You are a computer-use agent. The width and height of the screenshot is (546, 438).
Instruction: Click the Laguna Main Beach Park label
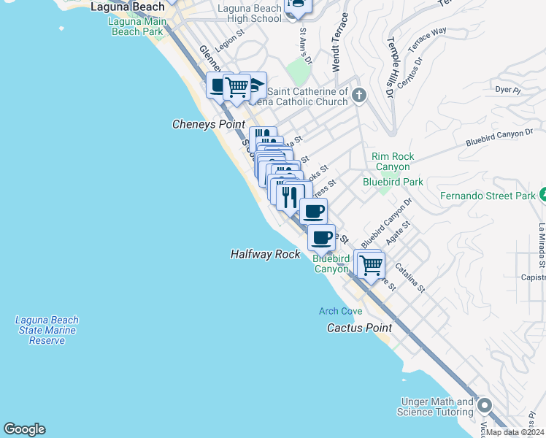(137, 26)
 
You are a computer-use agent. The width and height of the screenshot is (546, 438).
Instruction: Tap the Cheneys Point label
(208, 125)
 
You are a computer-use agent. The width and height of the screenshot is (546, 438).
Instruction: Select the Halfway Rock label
(265, 254)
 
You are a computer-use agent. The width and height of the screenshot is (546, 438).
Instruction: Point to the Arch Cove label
(340, 312)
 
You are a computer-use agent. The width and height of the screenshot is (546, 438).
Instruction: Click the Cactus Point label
(358, 328)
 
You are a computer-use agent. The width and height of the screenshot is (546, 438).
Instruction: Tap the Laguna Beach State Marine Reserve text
(47, 330)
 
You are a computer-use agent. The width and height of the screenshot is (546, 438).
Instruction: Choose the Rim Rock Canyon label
(393, 161)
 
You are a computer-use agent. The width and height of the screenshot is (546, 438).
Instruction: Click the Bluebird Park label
(393, 182)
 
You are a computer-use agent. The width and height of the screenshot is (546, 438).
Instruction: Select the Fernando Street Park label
(488, 196)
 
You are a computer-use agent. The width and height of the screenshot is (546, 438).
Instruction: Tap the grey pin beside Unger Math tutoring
(484, 405)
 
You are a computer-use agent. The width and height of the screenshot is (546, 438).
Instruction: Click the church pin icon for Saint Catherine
(358, 95)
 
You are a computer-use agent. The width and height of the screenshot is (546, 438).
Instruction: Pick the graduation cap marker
(254, 86)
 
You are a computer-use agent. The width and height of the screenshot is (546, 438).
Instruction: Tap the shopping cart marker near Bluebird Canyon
(371, 264)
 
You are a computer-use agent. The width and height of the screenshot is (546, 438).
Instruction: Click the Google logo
(24, 429)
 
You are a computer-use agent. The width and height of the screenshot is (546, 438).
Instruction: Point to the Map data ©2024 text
(515, 432)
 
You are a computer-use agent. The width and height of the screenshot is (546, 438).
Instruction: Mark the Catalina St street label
(409, 278)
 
